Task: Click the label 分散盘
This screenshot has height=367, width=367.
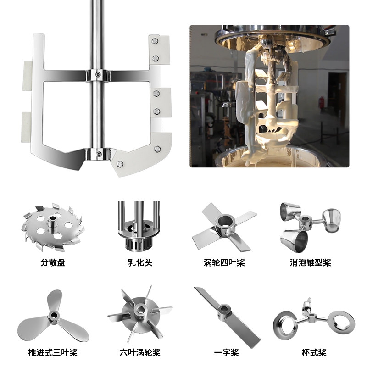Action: pos(53,262)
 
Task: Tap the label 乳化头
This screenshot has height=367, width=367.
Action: pos(140,262)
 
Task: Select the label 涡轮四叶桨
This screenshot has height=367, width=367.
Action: pos(224,262)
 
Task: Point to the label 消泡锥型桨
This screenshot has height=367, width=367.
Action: pos(311,262)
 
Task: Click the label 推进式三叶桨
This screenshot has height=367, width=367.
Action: pos(53,352)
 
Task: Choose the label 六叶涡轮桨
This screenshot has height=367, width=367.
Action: pos(140,352)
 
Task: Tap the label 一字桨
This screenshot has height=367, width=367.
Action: pos(226,352)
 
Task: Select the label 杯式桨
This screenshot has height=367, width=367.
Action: pos(314,352)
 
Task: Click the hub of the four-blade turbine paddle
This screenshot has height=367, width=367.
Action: pos(226,223)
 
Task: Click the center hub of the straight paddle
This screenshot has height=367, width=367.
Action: pos(224,311)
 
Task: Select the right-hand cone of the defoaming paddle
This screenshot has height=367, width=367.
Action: pos(331,220)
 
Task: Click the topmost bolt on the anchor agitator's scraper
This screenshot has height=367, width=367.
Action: pos(155,41)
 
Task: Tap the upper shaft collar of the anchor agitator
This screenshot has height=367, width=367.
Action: pos(98,75)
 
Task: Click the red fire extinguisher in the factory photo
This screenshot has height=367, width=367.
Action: pos(323,102)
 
